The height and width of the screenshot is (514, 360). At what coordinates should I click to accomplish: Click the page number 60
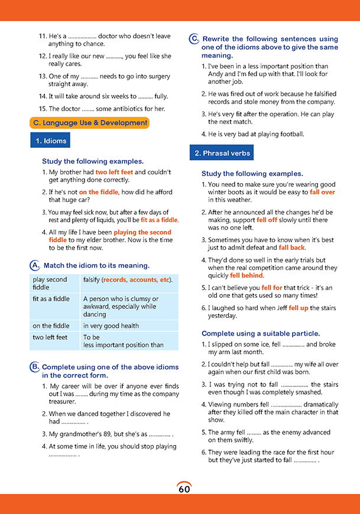click(184, 489)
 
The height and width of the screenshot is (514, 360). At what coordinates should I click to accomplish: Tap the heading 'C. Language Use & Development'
click(89, 123)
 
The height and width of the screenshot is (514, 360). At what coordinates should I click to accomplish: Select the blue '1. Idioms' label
click(50, 141)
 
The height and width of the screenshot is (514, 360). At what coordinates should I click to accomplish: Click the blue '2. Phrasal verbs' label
click(222, 153)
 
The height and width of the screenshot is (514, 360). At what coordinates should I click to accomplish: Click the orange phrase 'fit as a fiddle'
click(159, 220)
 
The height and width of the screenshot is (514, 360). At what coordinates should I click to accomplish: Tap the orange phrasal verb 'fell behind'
click(247, 275)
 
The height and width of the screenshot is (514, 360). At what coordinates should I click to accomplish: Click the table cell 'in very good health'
click(111, 326)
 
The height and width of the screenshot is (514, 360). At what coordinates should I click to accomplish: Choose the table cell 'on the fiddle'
click(51, 326)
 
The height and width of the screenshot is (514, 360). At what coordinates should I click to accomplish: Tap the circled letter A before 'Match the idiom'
click(34, 265)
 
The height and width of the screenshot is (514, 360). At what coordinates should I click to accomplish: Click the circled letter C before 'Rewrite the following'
click(194, 39)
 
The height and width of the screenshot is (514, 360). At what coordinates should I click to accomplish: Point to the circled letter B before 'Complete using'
click(34, 367)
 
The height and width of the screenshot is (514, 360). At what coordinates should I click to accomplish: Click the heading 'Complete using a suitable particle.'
click(261, 333)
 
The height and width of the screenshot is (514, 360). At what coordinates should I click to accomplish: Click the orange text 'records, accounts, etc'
click(136, 279)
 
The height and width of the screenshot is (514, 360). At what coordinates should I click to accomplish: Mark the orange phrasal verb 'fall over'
click(322, 192)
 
